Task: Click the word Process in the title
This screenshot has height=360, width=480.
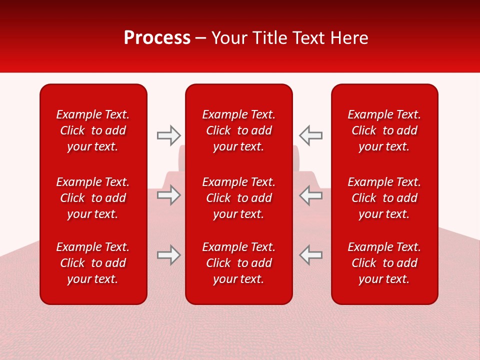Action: pyautogui.click(x=157, y=38)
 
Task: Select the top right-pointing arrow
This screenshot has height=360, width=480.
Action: pyautogui.click(x=168, y=135)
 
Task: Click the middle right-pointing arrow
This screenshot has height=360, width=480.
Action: pyautogui.click(x=168, y=195)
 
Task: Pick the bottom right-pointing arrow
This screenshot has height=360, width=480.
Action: pyautogui.click(x=168, y=255)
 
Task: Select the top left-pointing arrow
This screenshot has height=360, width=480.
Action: pyautogui.click(x=311, y=135)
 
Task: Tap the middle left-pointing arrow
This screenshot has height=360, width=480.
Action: pyautogui.click(x=311, y=195)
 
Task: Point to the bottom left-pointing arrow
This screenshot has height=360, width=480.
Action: pyautogui.click(x=311, y=255)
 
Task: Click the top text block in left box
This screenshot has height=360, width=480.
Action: pyautogui.click(x=93, y=130)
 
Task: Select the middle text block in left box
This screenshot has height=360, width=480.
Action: pyautogui.click(x=93, y=198)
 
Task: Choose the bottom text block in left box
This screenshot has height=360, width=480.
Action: pyautogui.click(x=93, y=263)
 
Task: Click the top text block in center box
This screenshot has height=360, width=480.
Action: pyautogui.click(x=239, y=130)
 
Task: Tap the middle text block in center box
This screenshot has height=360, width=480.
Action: pyautogui.click(x=239, y=198)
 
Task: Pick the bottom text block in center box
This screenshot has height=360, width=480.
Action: pyautogui.click(x=239, y=263)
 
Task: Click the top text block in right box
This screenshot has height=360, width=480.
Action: pyautogui.click(x=384, y=130)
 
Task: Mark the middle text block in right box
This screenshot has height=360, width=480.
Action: pyautogui.click(x=384, y=198)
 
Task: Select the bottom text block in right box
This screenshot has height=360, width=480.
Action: pyautogui.click(x=384, y=263)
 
